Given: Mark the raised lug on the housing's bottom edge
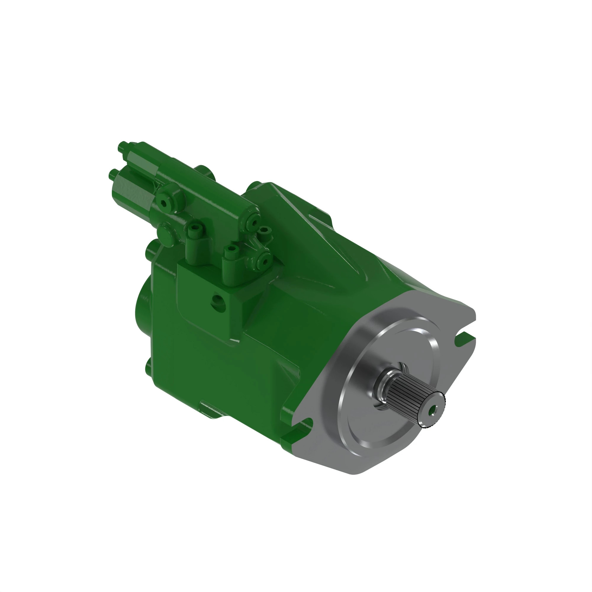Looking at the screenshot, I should tap(211, 409).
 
